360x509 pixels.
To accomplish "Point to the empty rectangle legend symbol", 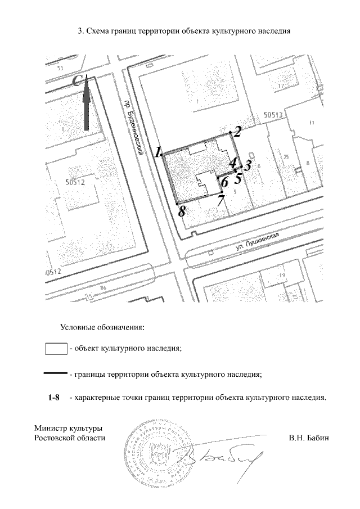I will click(x=56, y=348).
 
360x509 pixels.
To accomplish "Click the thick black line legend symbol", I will click(x=56, y=373).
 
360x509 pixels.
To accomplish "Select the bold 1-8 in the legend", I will click(x=54, y=398).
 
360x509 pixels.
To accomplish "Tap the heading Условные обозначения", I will click(x=103, y=326).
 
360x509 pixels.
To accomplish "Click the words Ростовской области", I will click(x=70, y=438).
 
